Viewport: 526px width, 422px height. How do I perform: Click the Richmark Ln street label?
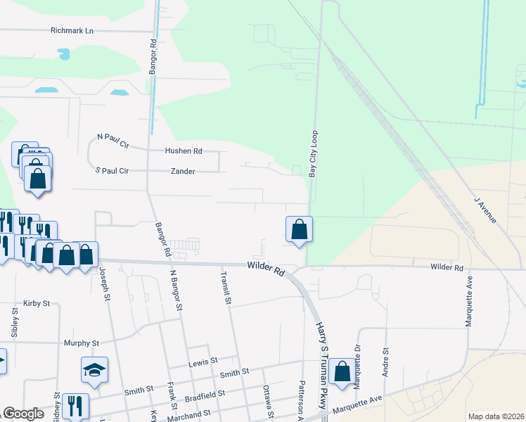pyautogui.click(x=72, y=31)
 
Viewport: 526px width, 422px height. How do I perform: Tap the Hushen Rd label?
pyautogui.click(x=183, y=151)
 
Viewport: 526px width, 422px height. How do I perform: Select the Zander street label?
pyautogui.click(x=183, y=171)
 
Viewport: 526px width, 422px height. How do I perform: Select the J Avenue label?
pyautogui.click(x=485, y=210)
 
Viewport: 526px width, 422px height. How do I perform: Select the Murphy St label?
pyautogui.click(x=82, y=343)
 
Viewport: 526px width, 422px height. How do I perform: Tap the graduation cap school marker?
pyautogui.click(x=94, y=370)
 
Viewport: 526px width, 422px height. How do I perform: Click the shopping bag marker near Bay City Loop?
pyautogui.click(x=299, y=229)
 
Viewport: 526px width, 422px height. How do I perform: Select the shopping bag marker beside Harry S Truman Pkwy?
pyautogui.click(x=341, y=372)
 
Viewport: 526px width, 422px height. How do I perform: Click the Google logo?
pyautogui.click(x=23, y=414)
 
